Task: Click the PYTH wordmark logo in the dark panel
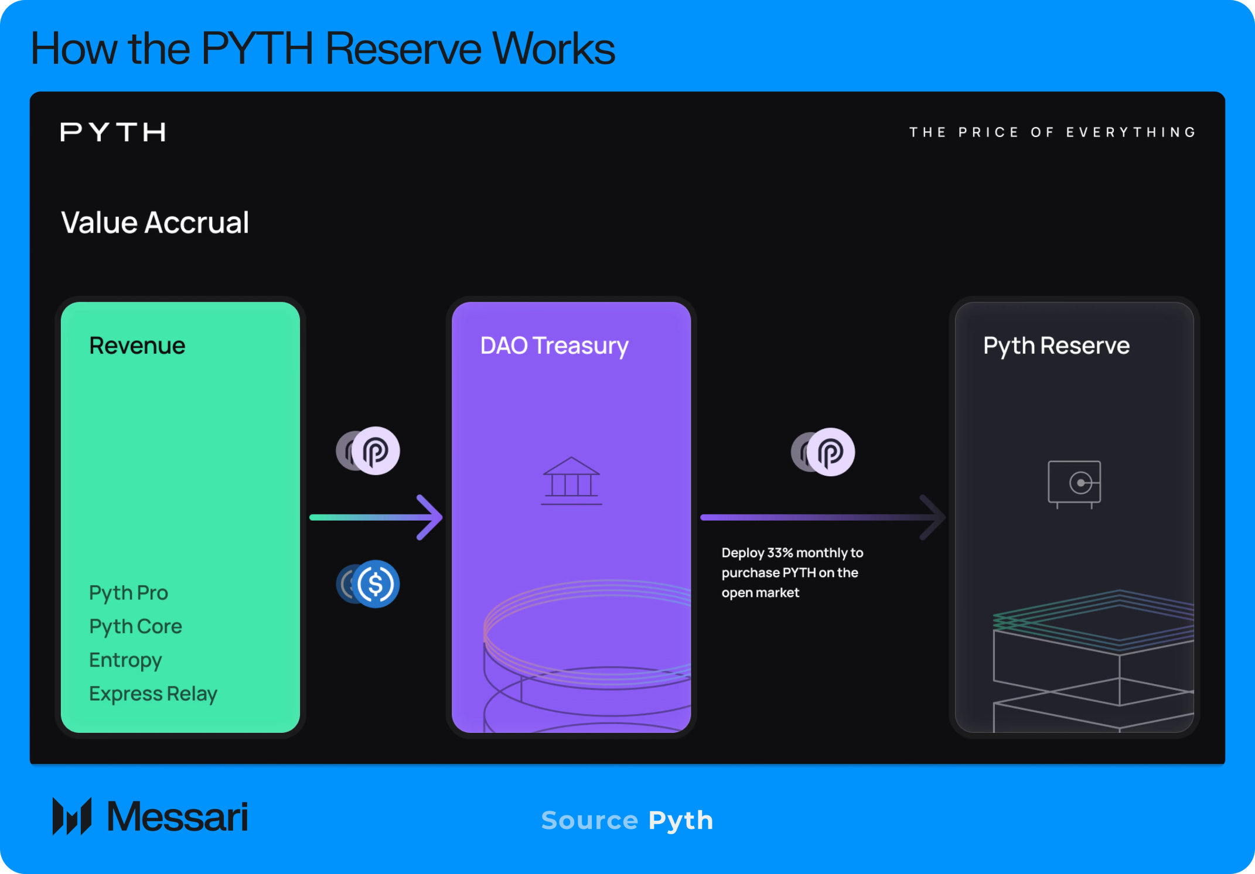click(x=112, y=132)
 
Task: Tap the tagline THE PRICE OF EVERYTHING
click(x=1052, y=132)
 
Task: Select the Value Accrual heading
click(x=155, y=223)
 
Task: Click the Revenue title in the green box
click(x=137, y=346)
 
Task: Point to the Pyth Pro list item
click(x=128, y=593)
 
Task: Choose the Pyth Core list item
click(x=135, y=626)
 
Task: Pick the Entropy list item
click(x=125, y=660)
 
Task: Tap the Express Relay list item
click(x=153, y=694)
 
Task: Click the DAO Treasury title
click(x=554, y=346)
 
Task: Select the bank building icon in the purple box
click(x=571, y=480)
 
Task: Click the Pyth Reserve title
click(x=1056, y=346)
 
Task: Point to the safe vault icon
click(x=1074, y=484)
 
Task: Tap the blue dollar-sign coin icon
click(x=376, y=584)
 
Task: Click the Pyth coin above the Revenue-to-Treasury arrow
click(x=376, y=451)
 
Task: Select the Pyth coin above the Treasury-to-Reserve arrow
click(x=830, y=452)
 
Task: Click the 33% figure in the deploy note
click(x=780, y=553)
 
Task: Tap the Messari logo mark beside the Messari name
click(x=72, y=816)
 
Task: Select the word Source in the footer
click(x=589, y=820)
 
